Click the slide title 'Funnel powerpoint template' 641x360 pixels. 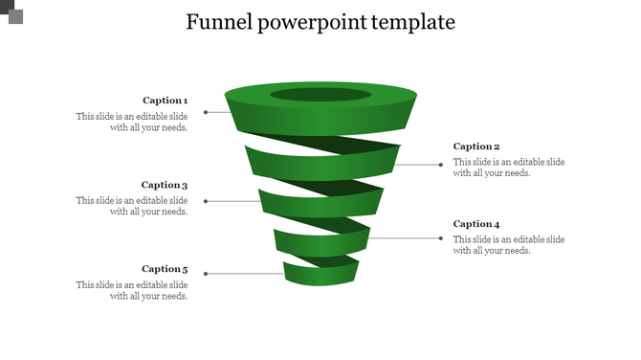click(320, 22)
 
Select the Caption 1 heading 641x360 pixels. click(165, 101)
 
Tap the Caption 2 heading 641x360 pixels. click(476, 146)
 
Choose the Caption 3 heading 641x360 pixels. click(165, 185)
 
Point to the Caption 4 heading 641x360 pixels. click(476, 224)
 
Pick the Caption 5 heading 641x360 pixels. click(165, 269)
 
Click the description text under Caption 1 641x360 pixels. click(132, 122)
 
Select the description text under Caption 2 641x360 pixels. click(509, 168)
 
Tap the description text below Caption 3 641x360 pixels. click(132, 206)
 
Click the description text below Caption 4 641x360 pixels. click(509, 245)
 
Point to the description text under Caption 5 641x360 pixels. click(132, 290)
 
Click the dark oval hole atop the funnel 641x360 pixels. click(320, 95)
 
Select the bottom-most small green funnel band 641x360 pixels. click(320, 276)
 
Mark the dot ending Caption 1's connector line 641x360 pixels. click(206, 112)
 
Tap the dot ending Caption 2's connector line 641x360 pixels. click(441, 165)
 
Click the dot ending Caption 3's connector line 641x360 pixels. click(206, 201)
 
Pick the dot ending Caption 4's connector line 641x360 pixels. click(441, 237)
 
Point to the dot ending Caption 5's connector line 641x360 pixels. click(206, 274)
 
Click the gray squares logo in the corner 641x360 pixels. click(11, 11)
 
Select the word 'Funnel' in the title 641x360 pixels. click(219, 22)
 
